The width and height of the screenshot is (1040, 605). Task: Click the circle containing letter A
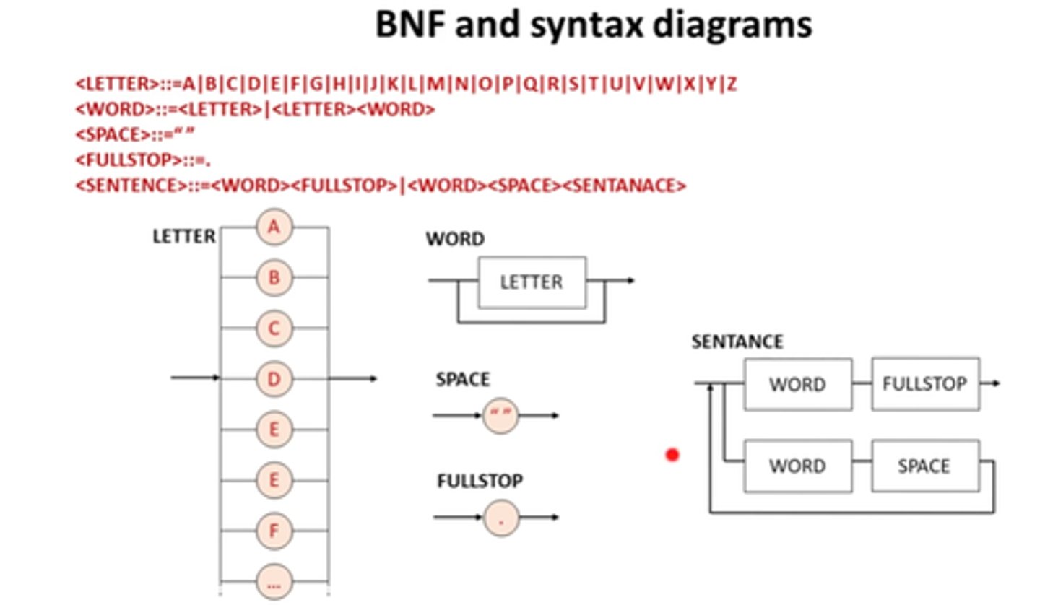point(274,227)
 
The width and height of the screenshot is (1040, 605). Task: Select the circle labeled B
point(274,278)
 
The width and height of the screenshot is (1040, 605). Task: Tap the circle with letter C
point(274,328)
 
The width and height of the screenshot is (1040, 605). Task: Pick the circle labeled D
point(274,378)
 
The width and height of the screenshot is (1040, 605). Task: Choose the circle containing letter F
point(274,531)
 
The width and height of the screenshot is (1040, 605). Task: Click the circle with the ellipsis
point(274,581)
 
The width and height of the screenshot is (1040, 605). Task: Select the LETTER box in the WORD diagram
point(532,282)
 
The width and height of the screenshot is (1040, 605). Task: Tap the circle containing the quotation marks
point(500,415)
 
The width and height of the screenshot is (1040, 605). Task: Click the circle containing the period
point(501,518)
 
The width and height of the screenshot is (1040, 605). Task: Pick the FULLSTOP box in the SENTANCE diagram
point(925,384)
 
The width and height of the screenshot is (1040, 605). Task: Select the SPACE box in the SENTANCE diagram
point(925,466)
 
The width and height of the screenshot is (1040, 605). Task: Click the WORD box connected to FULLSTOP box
point(797,384)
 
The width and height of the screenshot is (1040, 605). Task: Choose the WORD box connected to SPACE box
point(797,466)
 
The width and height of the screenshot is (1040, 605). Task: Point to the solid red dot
point(672,455)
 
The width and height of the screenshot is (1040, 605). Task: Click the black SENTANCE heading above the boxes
point(737,341)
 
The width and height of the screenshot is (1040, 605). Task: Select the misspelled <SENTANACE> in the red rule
point(623,186)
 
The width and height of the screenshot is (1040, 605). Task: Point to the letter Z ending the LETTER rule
point(732,84)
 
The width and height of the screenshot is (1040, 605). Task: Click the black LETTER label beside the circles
point(183,237)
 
